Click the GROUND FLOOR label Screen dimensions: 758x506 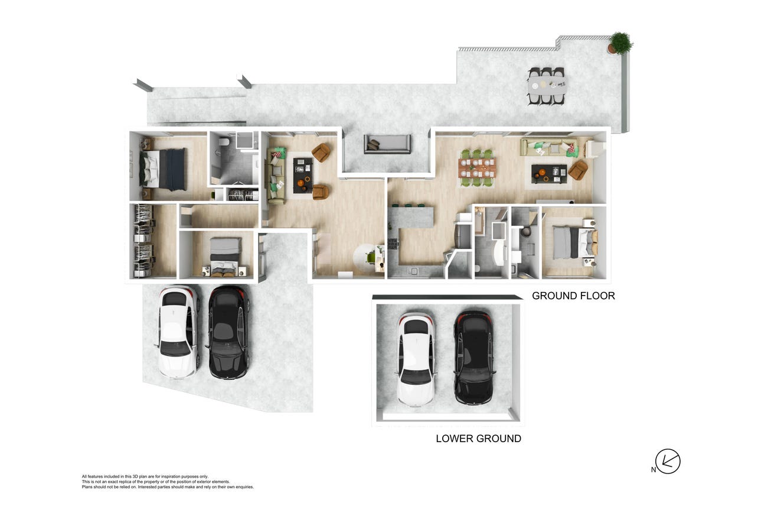click(573, 296)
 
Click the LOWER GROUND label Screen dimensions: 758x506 click(479, 439)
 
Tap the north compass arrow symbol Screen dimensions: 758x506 click(667, 462)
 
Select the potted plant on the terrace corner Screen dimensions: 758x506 click(621, 43)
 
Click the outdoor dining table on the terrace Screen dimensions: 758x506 click(547, 86)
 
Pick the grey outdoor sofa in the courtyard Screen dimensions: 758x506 click(387, 144)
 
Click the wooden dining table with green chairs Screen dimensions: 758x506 click(477, 168)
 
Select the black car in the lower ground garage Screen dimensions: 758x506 click(474, 358)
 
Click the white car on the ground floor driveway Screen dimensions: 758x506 click(177, 332)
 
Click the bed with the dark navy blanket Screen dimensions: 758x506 click(163, 169)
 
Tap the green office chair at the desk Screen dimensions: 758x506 click(371, 258)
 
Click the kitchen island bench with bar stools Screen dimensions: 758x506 click(411, 217)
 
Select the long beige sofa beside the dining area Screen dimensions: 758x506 click(550, 147)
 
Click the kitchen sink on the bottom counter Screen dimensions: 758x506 click(413, 271)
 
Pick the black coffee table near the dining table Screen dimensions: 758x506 click(549, 174)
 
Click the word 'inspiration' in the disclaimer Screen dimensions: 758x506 click(170, 476)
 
